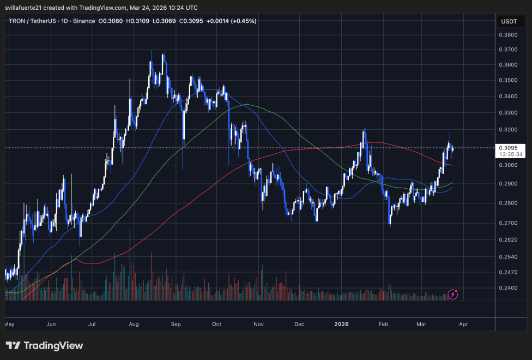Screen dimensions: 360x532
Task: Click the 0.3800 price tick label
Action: pyautogui.click(x=509, y=34)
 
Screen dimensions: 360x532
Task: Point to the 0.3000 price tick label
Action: pyautogui.click(x=509, y=165)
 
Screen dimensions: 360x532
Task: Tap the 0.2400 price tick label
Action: pyautogui.click(x=509, y=289)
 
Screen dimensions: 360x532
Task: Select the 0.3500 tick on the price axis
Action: pyautogui.click(x=509, y=80)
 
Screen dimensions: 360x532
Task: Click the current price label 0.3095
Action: pyautogui.click(x=508, y=147)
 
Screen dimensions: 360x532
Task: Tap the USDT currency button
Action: pyautogui.click(x=509, y=21)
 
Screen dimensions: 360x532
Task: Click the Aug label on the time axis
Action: pyautogui.click(x=133, y=324)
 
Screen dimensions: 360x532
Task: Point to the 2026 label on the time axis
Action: pyautogui.click(x=341, y=324)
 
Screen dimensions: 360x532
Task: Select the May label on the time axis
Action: pyautogui.click(x=9, y=324)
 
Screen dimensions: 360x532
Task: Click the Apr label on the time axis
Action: pyautogui.click(x=463, y=324)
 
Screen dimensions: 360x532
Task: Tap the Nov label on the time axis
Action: pyautogui.click(x=258, y=324)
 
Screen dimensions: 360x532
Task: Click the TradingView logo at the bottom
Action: pyautogui.click(x=44, y=346)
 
